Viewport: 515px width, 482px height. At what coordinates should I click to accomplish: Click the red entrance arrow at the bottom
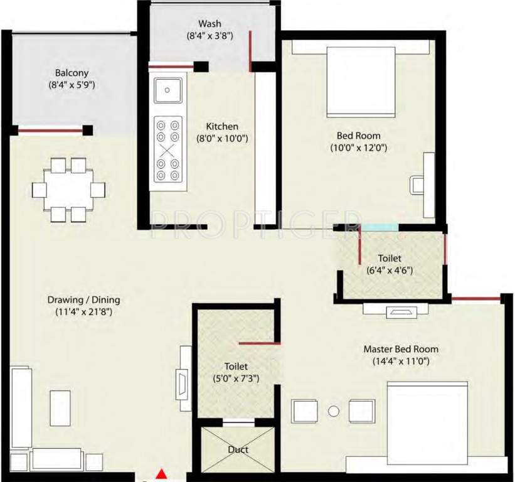[x=162, y=474]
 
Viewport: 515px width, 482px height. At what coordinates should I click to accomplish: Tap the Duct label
[x=238, y=449]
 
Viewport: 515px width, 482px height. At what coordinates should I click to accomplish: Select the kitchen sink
[x=168, y=90]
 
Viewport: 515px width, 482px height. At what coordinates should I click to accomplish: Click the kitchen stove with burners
[x=168, y=150]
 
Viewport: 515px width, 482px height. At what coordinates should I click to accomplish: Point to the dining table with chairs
[x=69, y=190]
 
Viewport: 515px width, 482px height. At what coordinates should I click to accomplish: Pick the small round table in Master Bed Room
[x=334, y=412]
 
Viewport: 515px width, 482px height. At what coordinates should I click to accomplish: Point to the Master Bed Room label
[x=401, y=349]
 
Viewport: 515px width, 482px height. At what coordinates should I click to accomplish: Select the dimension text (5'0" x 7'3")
[x=236, y=378]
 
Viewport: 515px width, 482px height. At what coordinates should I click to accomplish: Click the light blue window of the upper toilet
[x=379, y=227]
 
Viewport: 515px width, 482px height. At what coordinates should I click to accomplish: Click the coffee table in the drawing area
[x=60, y=408]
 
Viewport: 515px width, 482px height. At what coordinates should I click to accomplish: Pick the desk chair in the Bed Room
[x=417, y=186]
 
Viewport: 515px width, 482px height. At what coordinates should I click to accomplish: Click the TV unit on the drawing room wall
[x=184, y=378]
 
